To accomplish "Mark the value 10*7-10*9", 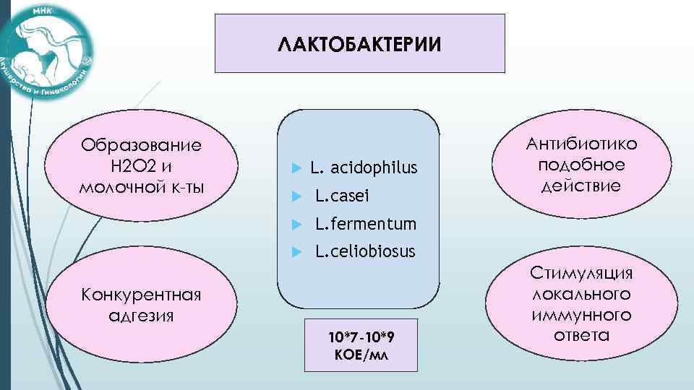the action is [361, 338].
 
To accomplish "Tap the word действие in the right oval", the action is [582, 186].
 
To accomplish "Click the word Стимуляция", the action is [582, 274].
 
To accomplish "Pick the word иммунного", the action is [582, 315].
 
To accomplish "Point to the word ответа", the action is [582, 335].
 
